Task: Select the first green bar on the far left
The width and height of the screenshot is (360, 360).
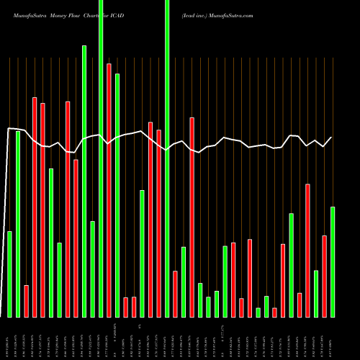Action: pos(9,274)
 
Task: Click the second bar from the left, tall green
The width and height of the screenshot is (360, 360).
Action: pos(18,223)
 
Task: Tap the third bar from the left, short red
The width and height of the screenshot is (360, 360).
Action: pos(27,301)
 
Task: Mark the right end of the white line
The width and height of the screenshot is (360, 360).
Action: pos(332,137)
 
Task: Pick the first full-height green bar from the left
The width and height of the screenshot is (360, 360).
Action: pos(101,158)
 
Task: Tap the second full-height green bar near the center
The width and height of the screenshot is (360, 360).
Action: pos(167,158)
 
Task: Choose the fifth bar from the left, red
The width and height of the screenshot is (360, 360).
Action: pos(42,210)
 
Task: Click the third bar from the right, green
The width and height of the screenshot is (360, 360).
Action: pos(316,293)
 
